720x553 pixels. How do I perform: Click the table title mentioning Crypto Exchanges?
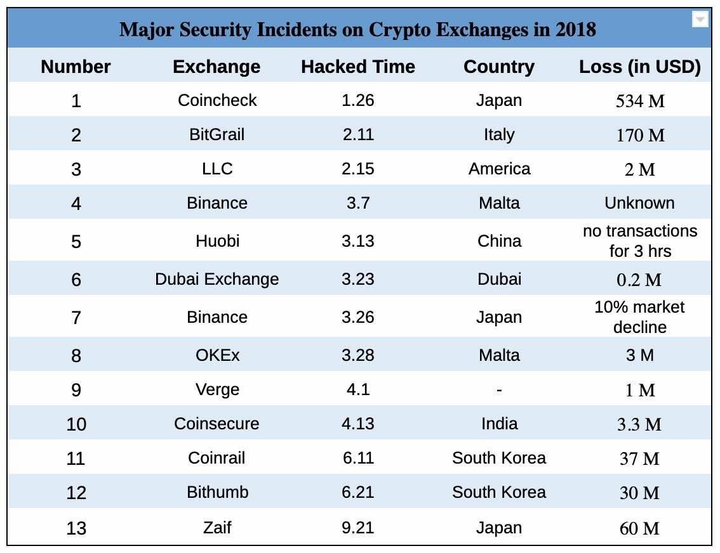(x=357, y=30)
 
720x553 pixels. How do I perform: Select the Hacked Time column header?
(x=357, y=67)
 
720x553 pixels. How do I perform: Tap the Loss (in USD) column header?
(x=639, y=67)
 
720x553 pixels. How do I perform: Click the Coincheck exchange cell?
(x=217, y=100)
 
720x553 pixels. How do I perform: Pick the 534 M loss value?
(x=639, y=101)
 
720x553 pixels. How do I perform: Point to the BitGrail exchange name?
(x=217, y=134)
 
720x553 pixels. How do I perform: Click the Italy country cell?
(x=499, y=134)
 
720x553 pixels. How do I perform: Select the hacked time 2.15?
(x=357, y=169)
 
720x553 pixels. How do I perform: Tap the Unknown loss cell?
(x=639, y=203)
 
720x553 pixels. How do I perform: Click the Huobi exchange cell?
(x=217, y=241)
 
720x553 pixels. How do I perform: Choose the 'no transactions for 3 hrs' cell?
(x=639, y=241)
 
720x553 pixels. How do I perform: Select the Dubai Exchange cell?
(x=217, y=279)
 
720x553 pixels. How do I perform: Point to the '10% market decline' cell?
(x=639, y=317)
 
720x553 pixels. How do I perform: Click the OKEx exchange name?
(x=217, y=355)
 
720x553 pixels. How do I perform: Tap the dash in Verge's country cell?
(x=499, y=390)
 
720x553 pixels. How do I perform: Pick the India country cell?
(x=499, y=424)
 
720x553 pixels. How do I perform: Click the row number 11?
(x=76, y=458)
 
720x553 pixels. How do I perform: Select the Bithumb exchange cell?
(x=217, y=492)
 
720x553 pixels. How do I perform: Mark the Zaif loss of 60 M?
(x=639, y=528)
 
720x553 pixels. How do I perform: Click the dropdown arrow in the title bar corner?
(x=700, y=20)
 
